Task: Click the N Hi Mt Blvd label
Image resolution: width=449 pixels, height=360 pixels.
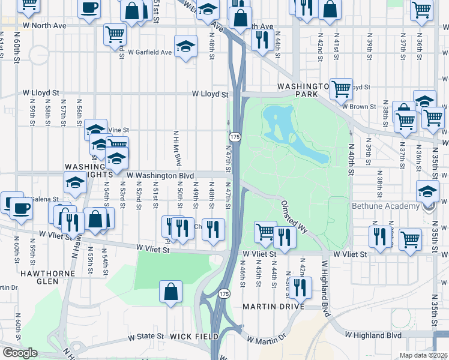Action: (x=178, y=148)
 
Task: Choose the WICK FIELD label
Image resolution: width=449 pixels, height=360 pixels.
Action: (x=194, y=337)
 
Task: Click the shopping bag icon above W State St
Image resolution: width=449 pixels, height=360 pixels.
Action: (x=171, y=292)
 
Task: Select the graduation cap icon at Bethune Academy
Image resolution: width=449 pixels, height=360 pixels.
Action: (x=428, y=193)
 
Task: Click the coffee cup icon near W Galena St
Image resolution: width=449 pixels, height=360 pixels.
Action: (x=21, y=208)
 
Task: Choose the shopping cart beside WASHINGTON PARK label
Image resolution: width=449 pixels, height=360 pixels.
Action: (x=341, y=89)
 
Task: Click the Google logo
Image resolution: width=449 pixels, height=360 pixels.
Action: (x=20, y=353)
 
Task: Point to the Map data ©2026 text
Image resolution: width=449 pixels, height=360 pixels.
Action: (x=424, y=355)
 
